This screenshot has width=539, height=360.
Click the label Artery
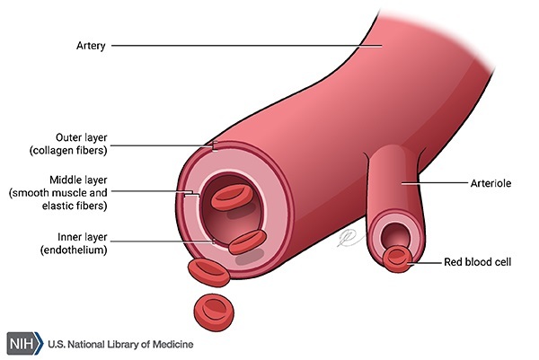(91, 45)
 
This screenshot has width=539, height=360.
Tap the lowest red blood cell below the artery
(213, 308)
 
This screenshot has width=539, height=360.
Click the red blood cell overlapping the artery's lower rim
(246, 241)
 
